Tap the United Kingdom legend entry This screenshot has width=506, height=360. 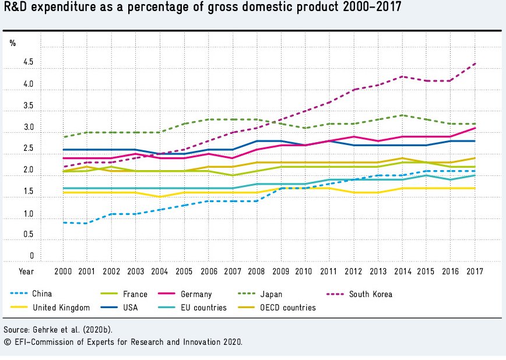click(x=61, y=308)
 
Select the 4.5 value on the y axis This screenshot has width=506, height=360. click(x=29, y=63)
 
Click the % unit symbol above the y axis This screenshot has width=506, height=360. click(x=13, y=43)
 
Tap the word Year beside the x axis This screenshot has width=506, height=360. click(x=26, y=271)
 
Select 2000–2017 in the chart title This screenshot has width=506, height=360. click(x=368, y=8)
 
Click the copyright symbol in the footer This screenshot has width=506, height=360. click(x=6, y=342)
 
